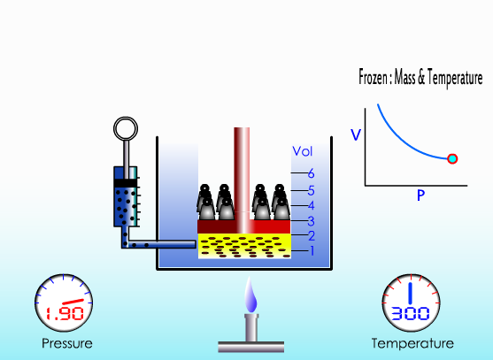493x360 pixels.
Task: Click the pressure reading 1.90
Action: point(65,313)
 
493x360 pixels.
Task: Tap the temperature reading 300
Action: point(411,313)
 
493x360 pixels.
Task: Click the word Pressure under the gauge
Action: point(67,343)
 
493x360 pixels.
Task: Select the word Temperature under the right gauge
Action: point(412,343)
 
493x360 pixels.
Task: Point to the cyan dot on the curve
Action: point(452,158)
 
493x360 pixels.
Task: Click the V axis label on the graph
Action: point(356,135)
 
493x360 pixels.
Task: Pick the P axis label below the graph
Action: point(420,195)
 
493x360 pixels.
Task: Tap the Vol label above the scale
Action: point(303,151)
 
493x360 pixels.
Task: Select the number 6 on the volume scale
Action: point(311,173)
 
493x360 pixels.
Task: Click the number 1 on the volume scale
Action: point(312,250)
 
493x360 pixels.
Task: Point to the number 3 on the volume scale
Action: point(311,221)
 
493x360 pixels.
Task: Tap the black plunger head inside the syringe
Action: point(126,183)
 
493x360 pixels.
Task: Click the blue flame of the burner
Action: point(250,295)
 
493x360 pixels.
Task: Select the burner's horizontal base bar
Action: point(250,347)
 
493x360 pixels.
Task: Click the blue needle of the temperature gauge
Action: point(410,293)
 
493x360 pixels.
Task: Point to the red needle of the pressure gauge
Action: point(73,302)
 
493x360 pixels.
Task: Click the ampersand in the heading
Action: point(421,78)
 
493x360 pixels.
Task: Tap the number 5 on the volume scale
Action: point(311,191)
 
